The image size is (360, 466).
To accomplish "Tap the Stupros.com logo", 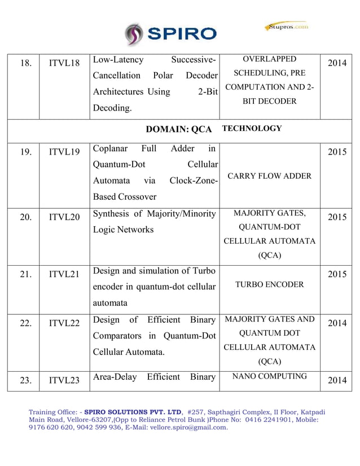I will [287, 27].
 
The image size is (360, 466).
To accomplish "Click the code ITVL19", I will [64, 152].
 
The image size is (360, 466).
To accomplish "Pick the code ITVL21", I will [64, 275].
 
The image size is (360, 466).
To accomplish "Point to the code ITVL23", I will [64, 380].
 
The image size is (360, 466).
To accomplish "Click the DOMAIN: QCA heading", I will [179, 129].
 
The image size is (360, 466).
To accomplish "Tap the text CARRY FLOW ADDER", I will [269, 176].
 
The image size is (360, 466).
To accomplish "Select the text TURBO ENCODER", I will [269, 284].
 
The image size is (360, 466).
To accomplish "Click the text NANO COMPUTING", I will [269, 376].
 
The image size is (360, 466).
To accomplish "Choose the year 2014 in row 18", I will [336, 63].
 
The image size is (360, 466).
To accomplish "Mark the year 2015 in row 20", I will [336, 217].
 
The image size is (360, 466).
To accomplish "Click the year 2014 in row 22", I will [336, 323].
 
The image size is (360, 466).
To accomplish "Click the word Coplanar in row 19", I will [110, 149].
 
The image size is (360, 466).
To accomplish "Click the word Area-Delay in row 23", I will [114, 377].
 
